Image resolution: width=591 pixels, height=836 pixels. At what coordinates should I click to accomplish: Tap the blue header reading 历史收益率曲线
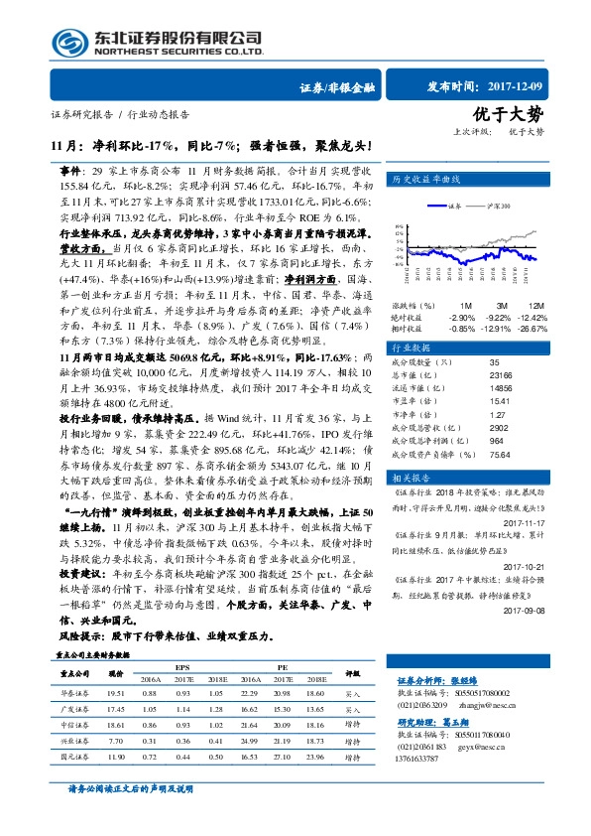pyautogui.click(x=427, y=180)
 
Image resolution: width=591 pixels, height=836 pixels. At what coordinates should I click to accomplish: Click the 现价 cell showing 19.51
pyautogui.click(x=115, y=693)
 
